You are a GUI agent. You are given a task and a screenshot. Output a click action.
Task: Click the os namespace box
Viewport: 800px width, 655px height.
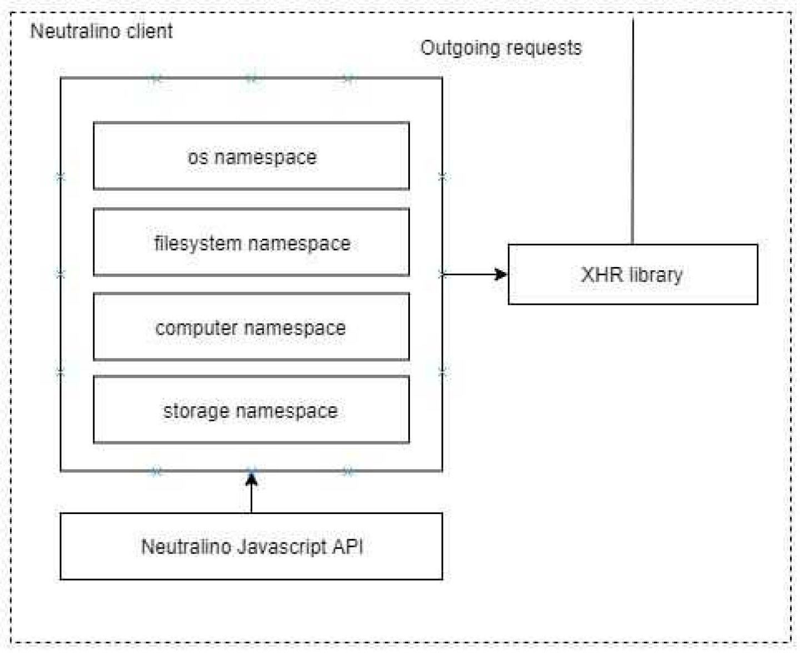click(251, 157)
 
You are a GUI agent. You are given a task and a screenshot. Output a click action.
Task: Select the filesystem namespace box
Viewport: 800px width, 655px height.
click(251, 243)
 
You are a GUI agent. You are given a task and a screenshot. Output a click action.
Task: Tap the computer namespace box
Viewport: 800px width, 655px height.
click(251, 327)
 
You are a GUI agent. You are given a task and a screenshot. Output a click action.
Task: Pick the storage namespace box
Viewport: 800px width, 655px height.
click(251, 410)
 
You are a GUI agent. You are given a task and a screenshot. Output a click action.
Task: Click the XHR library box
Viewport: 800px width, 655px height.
click(632, 274)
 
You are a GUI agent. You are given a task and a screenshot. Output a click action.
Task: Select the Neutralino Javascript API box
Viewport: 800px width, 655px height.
click(251, 546)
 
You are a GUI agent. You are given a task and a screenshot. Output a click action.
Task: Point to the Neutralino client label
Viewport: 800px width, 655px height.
click(101, 31)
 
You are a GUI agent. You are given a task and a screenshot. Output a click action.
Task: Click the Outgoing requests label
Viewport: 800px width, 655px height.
click(501, 48)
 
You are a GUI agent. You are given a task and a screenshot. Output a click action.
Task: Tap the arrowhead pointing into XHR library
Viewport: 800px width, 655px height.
click(501, 274)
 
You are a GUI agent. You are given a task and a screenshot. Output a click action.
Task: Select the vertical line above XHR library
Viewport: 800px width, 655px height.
click(633, 133)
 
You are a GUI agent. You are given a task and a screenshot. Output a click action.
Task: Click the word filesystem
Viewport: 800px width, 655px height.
click(198, 243)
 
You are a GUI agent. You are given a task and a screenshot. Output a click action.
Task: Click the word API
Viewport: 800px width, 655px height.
click(348, 546)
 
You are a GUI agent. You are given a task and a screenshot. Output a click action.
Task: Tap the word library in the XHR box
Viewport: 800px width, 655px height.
click(656, 274)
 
